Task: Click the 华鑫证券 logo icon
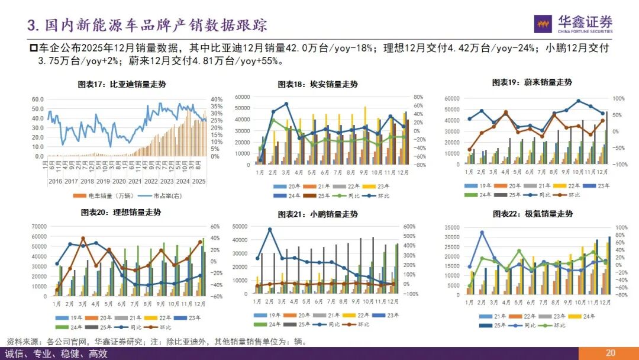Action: [x=544, y=23]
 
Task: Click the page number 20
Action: [x=611, y=353]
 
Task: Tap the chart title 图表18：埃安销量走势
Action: [x=318, y=85]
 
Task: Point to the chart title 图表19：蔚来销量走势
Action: [x=532, y=82]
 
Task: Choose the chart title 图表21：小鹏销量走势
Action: [x=318, y=214]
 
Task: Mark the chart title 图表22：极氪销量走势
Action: [x=532, y=214]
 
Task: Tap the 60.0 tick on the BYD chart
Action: [x=38, y=99]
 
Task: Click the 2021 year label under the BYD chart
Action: [x=135, y=181]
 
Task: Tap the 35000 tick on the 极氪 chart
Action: [x=451, y=227]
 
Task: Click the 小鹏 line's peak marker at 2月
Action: [x=270, y=230]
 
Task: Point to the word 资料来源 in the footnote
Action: [x=20, y=342]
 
